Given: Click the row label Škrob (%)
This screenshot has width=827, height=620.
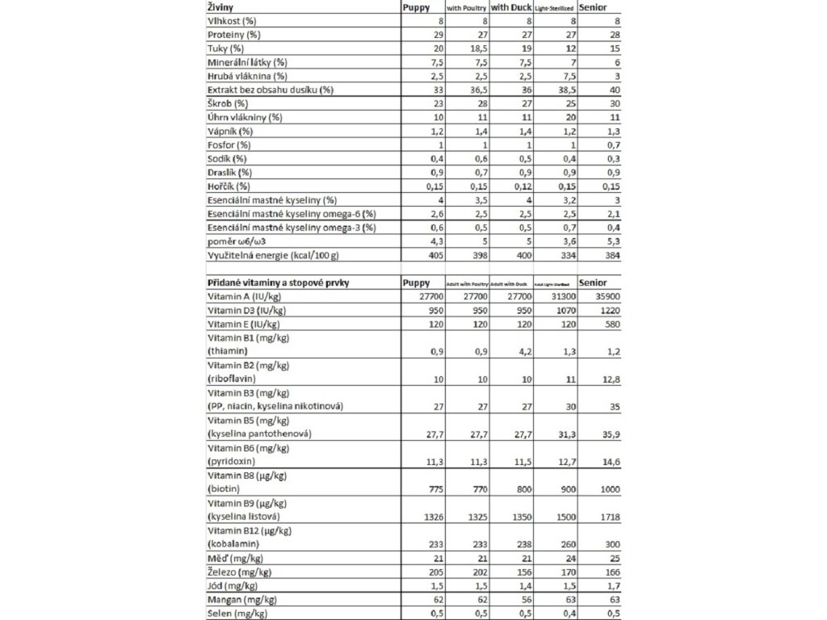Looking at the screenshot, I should pyautogui.click(x=228, y=103).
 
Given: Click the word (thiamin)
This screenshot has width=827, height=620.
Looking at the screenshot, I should pyautogui.click(x=228, y=351).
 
